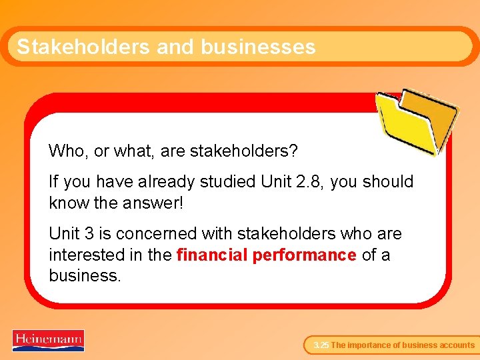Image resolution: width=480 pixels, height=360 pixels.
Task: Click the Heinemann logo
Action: point(48,340)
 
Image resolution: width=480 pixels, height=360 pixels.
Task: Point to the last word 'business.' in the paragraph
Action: point(85,275)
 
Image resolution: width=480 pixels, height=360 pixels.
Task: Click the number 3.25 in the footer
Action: point(321,345)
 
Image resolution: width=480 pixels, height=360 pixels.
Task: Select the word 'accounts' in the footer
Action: point(457,345)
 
